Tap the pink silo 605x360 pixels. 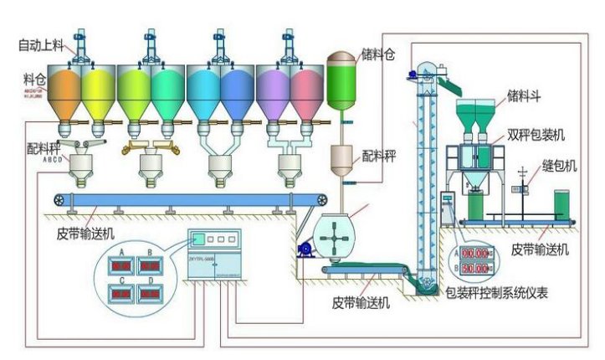coord(307,89)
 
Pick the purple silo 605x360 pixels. coord(273,89)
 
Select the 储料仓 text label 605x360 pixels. coord(378,52)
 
